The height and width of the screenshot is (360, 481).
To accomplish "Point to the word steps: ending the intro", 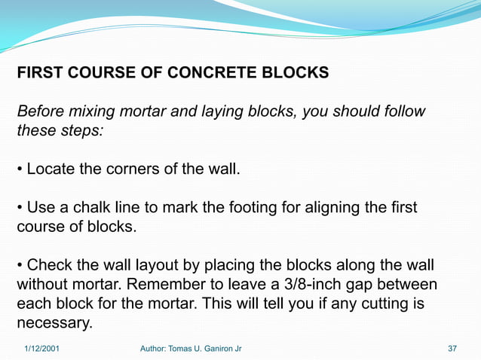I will coord(83,131).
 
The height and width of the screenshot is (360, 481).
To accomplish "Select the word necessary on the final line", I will coord(54,324).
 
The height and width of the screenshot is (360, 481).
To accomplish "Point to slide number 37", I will coord(452,349).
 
